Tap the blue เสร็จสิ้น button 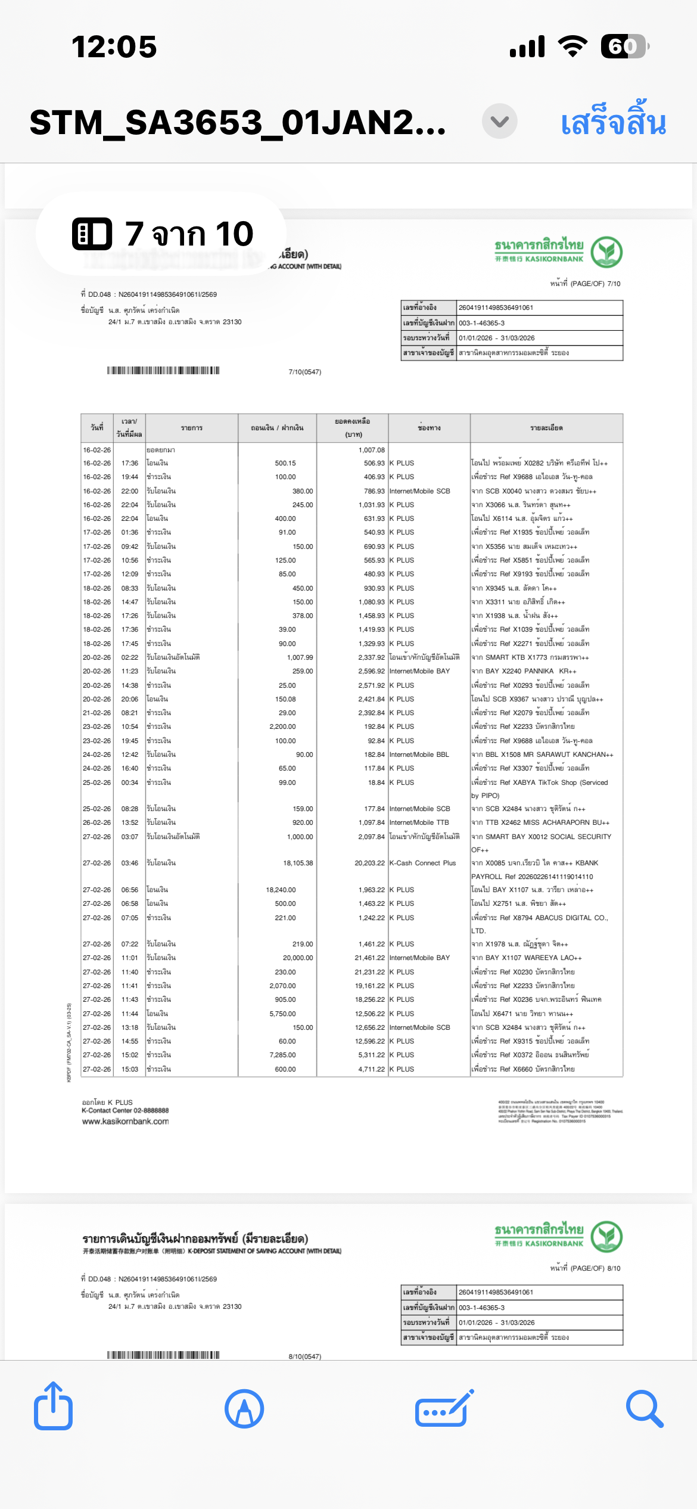(613, 122)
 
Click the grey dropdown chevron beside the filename (499, 121)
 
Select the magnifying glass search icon (644, 1409)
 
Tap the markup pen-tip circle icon (244, 1409)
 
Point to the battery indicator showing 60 (624, 46)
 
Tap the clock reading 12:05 (114, 46)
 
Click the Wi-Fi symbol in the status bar (572, 46)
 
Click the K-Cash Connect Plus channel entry (422, 863)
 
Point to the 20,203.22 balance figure (370, 863)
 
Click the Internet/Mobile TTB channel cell (419, 822)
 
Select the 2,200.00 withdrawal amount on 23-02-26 (282, 726)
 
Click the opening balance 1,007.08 (372, 450)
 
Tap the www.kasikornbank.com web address (125, 1121)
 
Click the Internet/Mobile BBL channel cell (419, 754)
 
